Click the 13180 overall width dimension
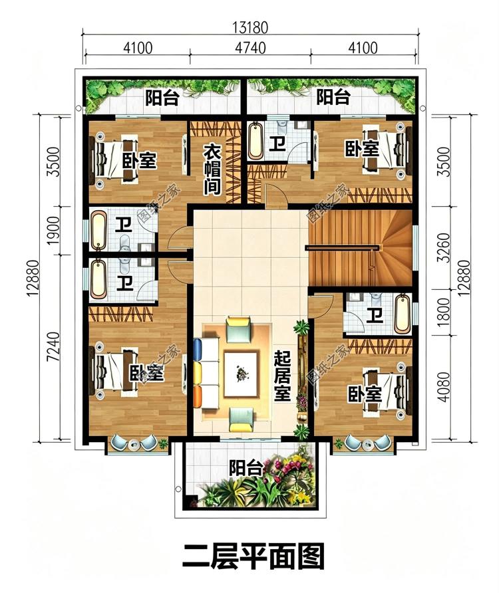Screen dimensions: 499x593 250,27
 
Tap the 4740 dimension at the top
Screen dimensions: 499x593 250,48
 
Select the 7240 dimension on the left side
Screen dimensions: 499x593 53,346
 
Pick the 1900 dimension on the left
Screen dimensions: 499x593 53,230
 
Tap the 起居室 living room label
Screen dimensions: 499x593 283,376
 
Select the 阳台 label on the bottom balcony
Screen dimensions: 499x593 246,469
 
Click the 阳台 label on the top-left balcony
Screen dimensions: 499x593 162,98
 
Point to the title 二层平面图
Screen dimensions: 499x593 253,556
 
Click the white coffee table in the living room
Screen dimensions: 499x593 241,374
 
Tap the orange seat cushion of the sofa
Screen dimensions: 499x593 197,396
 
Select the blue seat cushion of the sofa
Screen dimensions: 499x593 197,350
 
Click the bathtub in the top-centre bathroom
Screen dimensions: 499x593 256,141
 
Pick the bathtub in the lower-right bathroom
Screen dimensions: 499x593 402,314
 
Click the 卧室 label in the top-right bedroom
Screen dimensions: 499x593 362,149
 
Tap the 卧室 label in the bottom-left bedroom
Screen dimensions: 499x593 147,373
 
